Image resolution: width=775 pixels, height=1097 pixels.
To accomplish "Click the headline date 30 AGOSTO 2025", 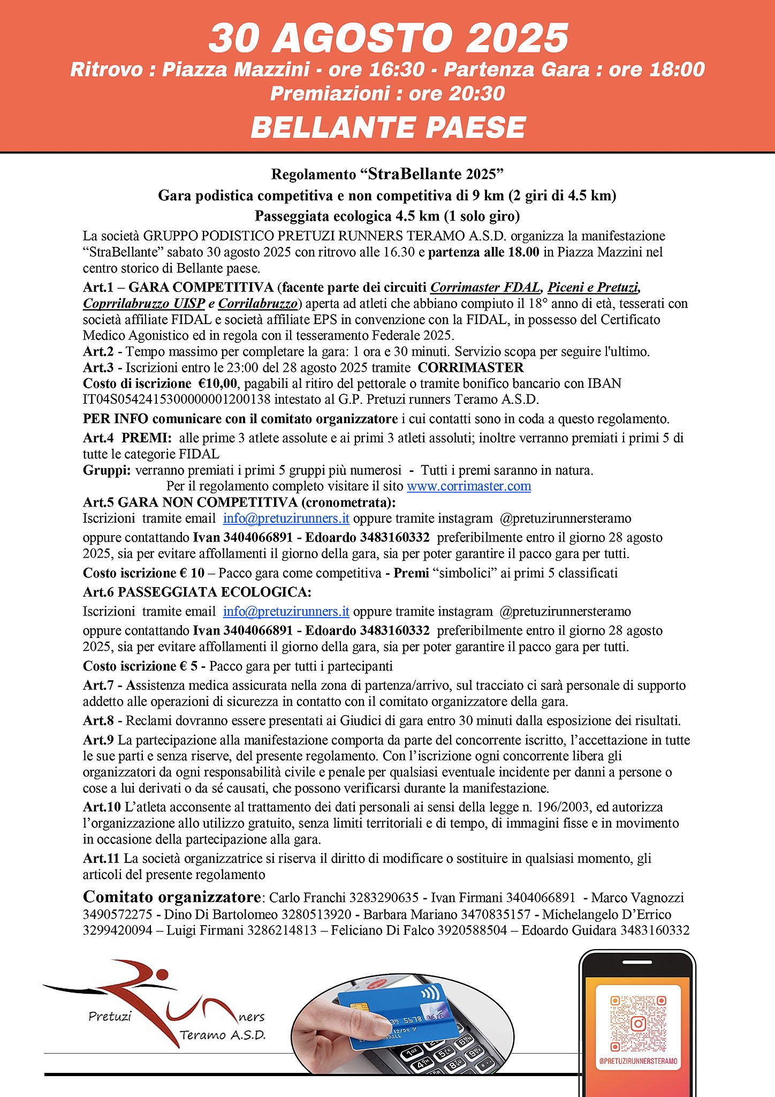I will tap(388, 39).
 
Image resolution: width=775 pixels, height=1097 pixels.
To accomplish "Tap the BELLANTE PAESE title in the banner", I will tap(388, 127).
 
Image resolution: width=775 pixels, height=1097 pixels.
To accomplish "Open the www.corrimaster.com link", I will tap(469, 486).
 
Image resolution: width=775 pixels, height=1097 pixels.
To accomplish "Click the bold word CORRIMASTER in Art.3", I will tap(470, 367).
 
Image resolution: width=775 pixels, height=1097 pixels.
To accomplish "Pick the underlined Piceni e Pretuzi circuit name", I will tap(593, 288).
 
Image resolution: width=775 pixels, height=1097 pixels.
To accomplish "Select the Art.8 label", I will tap(98, 721).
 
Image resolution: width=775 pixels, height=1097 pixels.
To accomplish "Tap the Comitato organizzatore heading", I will tap(172, 897).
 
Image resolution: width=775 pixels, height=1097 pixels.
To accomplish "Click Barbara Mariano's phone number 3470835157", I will tap(496, 914).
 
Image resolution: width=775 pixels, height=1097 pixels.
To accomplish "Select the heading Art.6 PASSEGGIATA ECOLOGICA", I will tap(197, 592).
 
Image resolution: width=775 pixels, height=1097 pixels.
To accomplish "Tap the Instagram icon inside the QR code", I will tap(638, 1024).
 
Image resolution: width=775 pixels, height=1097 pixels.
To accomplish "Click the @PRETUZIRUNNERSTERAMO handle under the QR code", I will tap(638, 1061).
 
